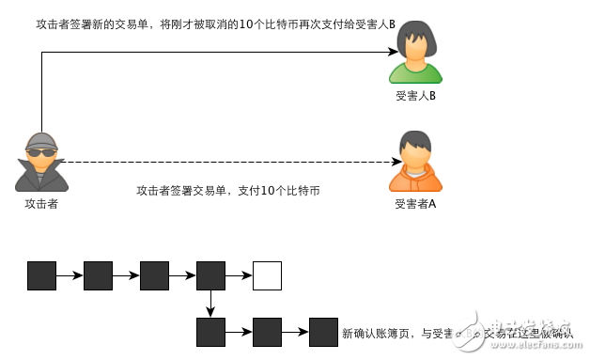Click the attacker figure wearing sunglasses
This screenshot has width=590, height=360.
[x=41, y=162]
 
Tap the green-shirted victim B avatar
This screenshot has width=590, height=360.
[x=416, y=54]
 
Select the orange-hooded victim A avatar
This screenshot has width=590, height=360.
[x=415, y=162]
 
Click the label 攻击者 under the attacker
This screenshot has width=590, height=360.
[x=41, y=204]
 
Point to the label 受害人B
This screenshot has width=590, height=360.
[x=415, y=96]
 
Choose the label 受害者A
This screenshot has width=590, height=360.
[x=415, y=204]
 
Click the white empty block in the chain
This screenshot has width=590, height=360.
[x=267, y=275]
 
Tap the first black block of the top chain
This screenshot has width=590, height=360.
[x=41, y=275]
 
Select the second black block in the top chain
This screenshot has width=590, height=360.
[x=98, y=275]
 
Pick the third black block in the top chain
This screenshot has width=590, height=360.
[x=154, y=275]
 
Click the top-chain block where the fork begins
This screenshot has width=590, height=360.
[x=210, y=275]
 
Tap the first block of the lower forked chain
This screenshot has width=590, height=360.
[x=210, y=332]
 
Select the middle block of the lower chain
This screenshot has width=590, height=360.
[x=267, y=332]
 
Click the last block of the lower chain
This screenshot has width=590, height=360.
[x=323, y=332]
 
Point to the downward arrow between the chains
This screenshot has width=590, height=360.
[x=210, y=304]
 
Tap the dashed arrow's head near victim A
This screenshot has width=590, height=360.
[x=384, y=162]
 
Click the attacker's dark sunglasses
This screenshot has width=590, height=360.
[x=40, y=152]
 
